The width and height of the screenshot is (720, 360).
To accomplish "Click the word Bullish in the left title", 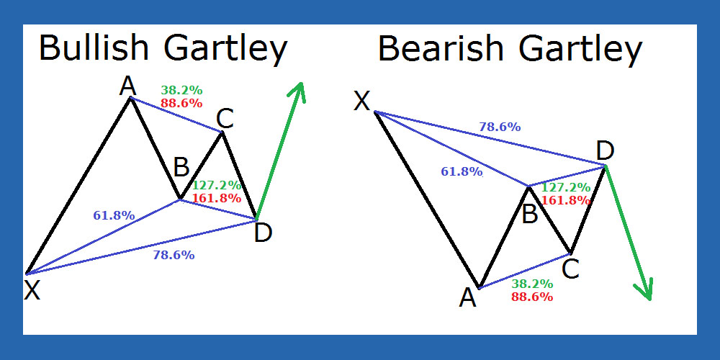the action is [x=94, y=48].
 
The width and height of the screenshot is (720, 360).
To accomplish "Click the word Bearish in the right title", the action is [x=441, y=49].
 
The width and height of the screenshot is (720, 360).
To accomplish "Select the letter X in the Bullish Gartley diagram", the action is [x=32, y=290].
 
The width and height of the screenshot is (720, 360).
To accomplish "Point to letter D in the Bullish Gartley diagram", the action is [x=263, y=233].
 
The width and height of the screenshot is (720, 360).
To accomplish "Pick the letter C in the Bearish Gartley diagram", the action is [x=570, y=269].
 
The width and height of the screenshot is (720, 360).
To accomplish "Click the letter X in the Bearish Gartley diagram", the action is [x=362, y=101].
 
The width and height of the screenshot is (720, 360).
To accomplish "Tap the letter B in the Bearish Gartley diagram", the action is [x=530, y=215].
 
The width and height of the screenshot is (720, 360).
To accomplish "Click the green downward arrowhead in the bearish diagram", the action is [x=644, y=289].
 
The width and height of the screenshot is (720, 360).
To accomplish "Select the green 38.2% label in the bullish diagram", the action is [x=181, y=90].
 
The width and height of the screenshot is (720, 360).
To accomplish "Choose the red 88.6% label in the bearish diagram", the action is [x=532, y=297].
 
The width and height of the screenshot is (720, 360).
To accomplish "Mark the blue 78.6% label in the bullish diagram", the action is [x=174, y=256].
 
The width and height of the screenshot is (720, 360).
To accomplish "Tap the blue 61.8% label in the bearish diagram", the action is [x=462, y=172].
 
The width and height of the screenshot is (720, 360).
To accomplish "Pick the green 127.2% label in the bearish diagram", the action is [x=566, y=187].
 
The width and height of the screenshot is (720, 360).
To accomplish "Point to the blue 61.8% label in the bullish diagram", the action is [x=114, y=215].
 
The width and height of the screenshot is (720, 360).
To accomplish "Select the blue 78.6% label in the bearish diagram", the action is [x=500, y=127].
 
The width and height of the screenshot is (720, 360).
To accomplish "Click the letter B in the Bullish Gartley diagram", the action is [x=181, y=168].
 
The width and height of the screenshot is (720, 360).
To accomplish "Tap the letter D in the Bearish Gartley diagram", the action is [x=605, y=151].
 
